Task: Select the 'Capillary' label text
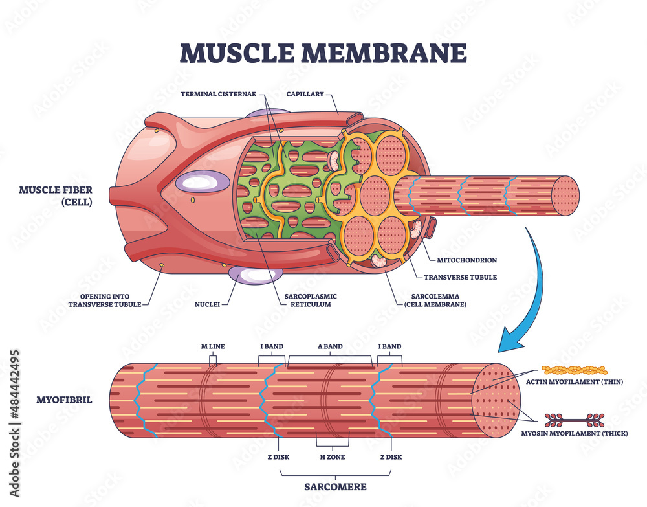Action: pos(305,93)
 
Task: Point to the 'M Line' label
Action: pos(212,346)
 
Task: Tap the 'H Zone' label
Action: pos(332,456)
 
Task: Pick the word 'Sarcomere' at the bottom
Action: pos(336,486)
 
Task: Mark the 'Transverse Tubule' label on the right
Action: pos(460,276)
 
